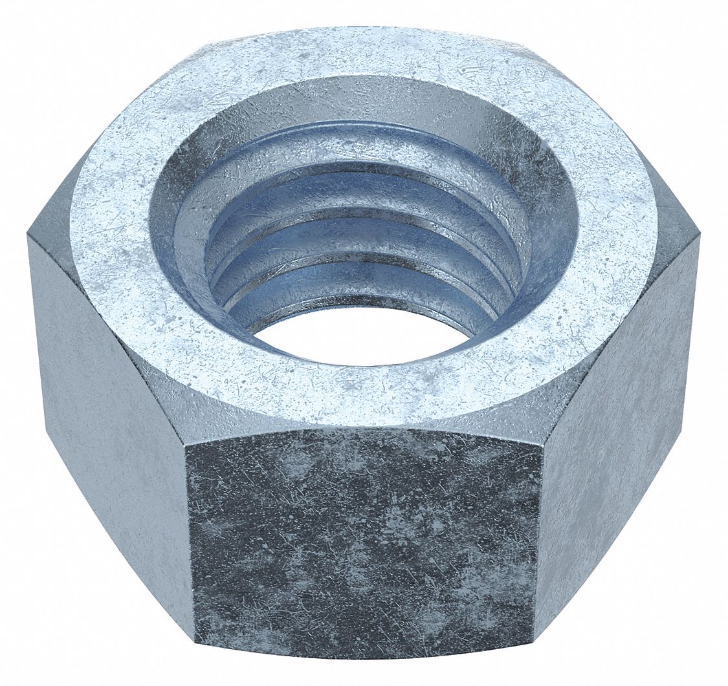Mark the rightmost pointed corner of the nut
pyautogui.click(x=700, y=237)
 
